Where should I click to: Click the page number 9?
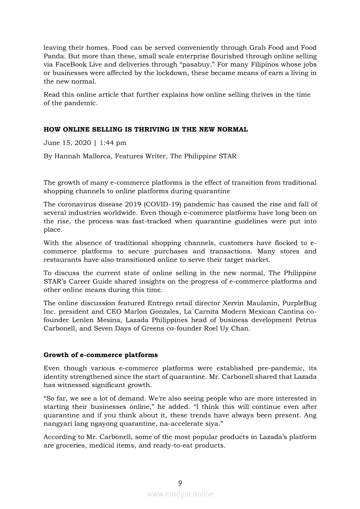(x=180, y=483)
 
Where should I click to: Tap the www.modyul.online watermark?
(x=180, y=494)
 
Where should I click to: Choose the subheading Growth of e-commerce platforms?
(x=101, y=355)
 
